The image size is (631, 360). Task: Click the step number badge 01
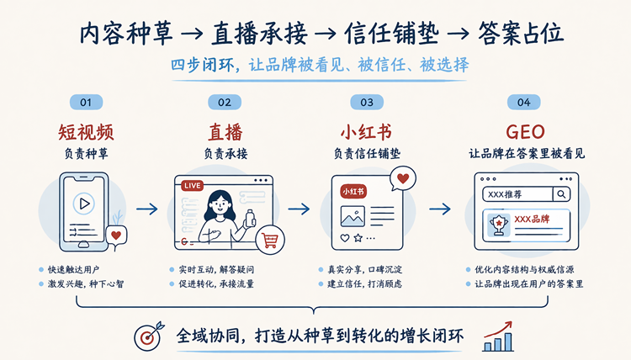pyautogui.click(x=86, y=102)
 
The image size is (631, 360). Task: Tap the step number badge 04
pyautogui.click(x=523, y=102)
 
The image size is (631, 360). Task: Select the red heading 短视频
pyautogui.click(x=86, y=132)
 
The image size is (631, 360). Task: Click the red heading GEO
pyautogui.click(x=525, y=132)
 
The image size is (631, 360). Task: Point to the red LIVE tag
pyautogui.click(x=193, y=185)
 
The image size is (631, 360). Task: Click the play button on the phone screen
pyautogui.click(x=83, y=204)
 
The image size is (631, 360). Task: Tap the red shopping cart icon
pyautogui.click(x=270, y=240)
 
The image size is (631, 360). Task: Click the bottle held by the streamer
pyautogui.click(x=251, y=218)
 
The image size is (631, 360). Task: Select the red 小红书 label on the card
pyautogui.click(x=353, y=192)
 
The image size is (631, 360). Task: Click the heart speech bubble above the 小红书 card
pyautogui.click(x=402, y=178)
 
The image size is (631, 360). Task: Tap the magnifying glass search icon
pyautogui.click(x=561, y=194)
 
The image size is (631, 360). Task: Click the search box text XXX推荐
pyautogui.click(x=505, y=194)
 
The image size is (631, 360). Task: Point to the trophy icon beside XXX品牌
pyautogui.click(x=499, y=225)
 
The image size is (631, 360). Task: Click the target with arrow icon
pyautogui.click(x=148, y=336)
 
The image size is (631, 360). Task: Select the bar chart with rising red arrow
pyautogui.click(x=498, y=336)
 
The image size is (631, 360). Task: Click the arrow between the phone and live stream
pyautogui.click(x=147, y=209)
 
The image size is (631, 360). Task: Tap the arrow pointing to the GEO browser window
pyautogui.click(x=440, y=209)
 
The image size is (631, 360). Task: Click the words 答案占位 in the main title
pyautogui.click(x=521, y=33)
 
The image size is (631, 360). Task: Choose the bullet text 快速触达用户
pyautogui.click(x=74, y=269)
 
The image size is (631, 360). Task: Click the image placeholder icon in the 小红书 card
pyautogui.click(x=353, y=216)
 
